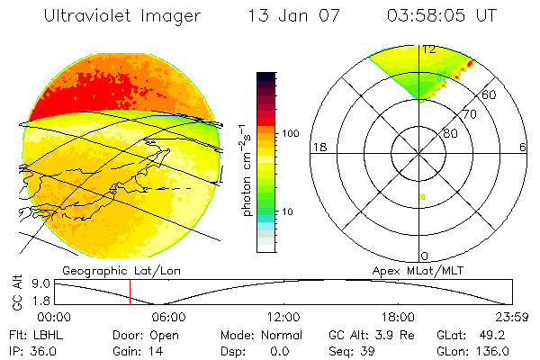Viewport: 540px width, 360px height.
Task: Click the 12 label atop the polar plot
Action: (427, 49)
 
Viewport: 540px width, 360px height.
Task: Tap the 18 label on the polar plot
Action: (318, 148)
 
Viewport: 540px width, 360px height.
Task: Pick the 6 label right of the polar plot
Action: (524, 148)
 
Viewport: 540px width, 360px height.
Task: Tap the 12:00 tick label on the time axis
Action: (283, 317)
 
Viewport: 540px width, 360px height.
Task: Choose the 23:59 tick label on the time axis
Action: (511, 317)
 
